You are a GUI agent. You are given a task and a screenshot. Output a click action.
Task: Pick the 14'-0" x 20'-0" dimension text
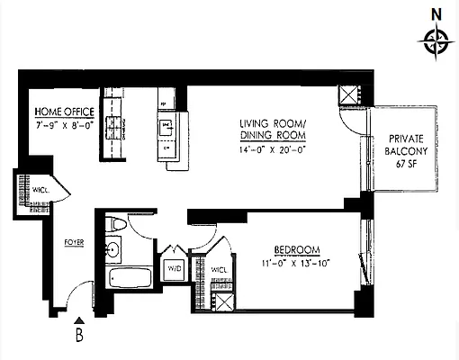point(273,148)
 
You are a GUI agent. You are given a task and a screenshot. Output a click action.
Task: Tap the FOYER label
point(74,242)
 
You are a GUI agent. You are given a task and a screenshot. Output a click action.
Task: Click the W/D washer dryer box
point(174,268)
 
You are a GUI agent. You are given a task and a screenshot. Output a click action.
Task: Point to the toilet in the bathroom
point(113,225)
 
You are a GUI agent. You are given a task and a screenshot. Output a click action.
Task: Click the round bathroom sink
point(114,250)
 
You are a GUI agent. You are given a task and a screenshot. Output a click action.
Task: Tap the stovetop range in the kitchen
point(114,126)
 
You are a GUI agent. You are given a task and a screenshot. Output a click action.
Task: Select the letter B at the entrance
point(80,338)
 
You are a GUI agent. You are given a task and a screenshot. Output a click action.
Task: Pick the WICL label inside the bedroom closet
point(219,269)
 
